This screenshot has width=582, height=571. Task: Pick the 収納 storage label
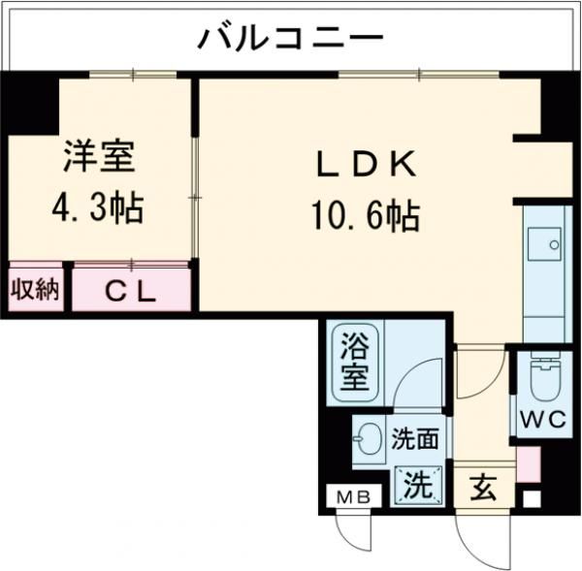click(35, 289)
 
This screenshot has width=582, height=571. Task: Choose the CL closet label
click(130, 290)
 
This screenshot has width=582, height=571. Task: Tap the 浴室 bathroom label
click(354, 360)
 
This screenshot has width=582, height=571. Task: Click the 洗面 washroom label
click(414, 439)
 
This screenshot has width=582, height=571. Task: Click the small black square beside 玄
click(529, 500)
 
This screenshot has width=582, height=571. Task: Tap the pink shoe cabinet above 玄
click(527, 464)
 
